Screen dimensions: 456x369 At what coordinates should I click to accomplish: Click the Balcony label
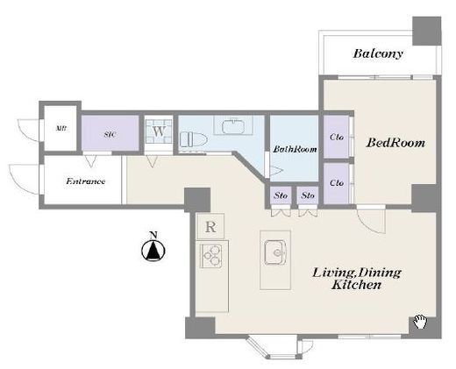378,53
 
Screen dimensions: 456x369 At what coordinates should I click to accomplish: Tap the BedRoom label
395,143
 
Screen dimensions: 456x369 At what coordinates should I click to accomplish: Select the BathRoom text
295,149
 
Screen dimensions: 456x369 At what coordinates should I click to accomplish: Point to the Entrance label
85,181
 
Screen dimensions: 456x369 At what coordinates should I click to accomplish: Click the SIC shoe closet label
110,134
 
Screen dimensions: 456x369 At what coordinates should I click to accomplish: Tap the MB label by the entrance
61,128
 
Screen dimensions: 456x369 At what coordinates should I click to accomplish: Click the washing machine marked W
159,131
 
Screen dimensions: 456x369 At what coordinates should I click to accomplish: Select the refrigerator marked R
210,226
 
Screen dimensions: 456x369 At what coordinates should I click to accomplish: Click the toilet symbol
193,139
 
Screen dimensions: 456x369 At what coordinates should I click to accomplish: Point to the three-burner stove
211,256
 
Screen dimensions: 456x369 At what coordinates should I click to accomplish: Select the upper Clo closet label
337,137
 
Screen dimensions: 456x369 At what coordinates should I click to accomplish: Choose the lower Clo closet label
337,183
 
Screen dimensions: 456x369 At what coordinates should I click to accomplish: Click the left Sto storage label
281,195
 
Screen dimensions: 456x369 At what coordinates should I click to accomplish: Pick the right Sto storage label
308,195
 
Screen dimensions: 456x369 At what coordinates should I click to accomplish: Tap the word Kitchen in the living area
356,285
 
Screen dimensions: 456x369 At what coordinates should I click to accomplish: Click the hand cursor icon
420,322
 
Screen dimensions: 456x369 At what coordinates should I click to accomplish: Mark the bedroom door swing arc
376,227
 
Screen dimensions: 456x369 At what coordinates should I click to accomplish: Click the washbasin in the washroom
233,126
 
